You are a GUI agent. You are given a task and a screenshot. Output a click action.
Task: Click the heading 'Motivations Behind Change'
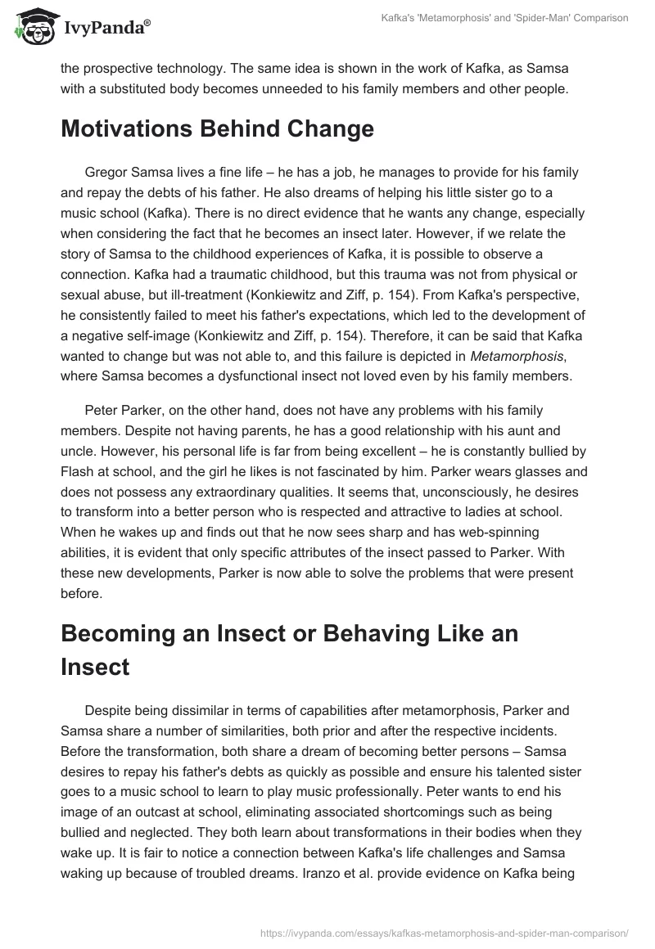[x=217, y=128]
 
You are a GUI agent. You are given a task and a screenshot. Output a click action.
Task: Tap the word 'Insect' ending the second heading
[x=95, y=666]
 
